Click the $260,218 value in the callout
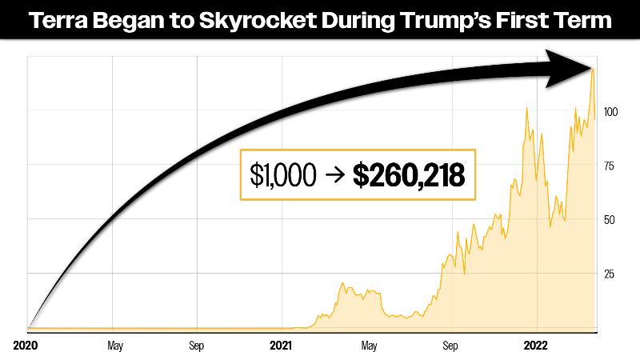[x=409, y=174]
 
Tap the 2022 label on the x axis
[x=535, y=346]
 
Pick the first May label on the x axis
[x=114, y=346]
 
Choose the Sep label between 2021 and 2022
[x=451, y=346]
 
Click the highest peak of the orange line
[x=593, y=70]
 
